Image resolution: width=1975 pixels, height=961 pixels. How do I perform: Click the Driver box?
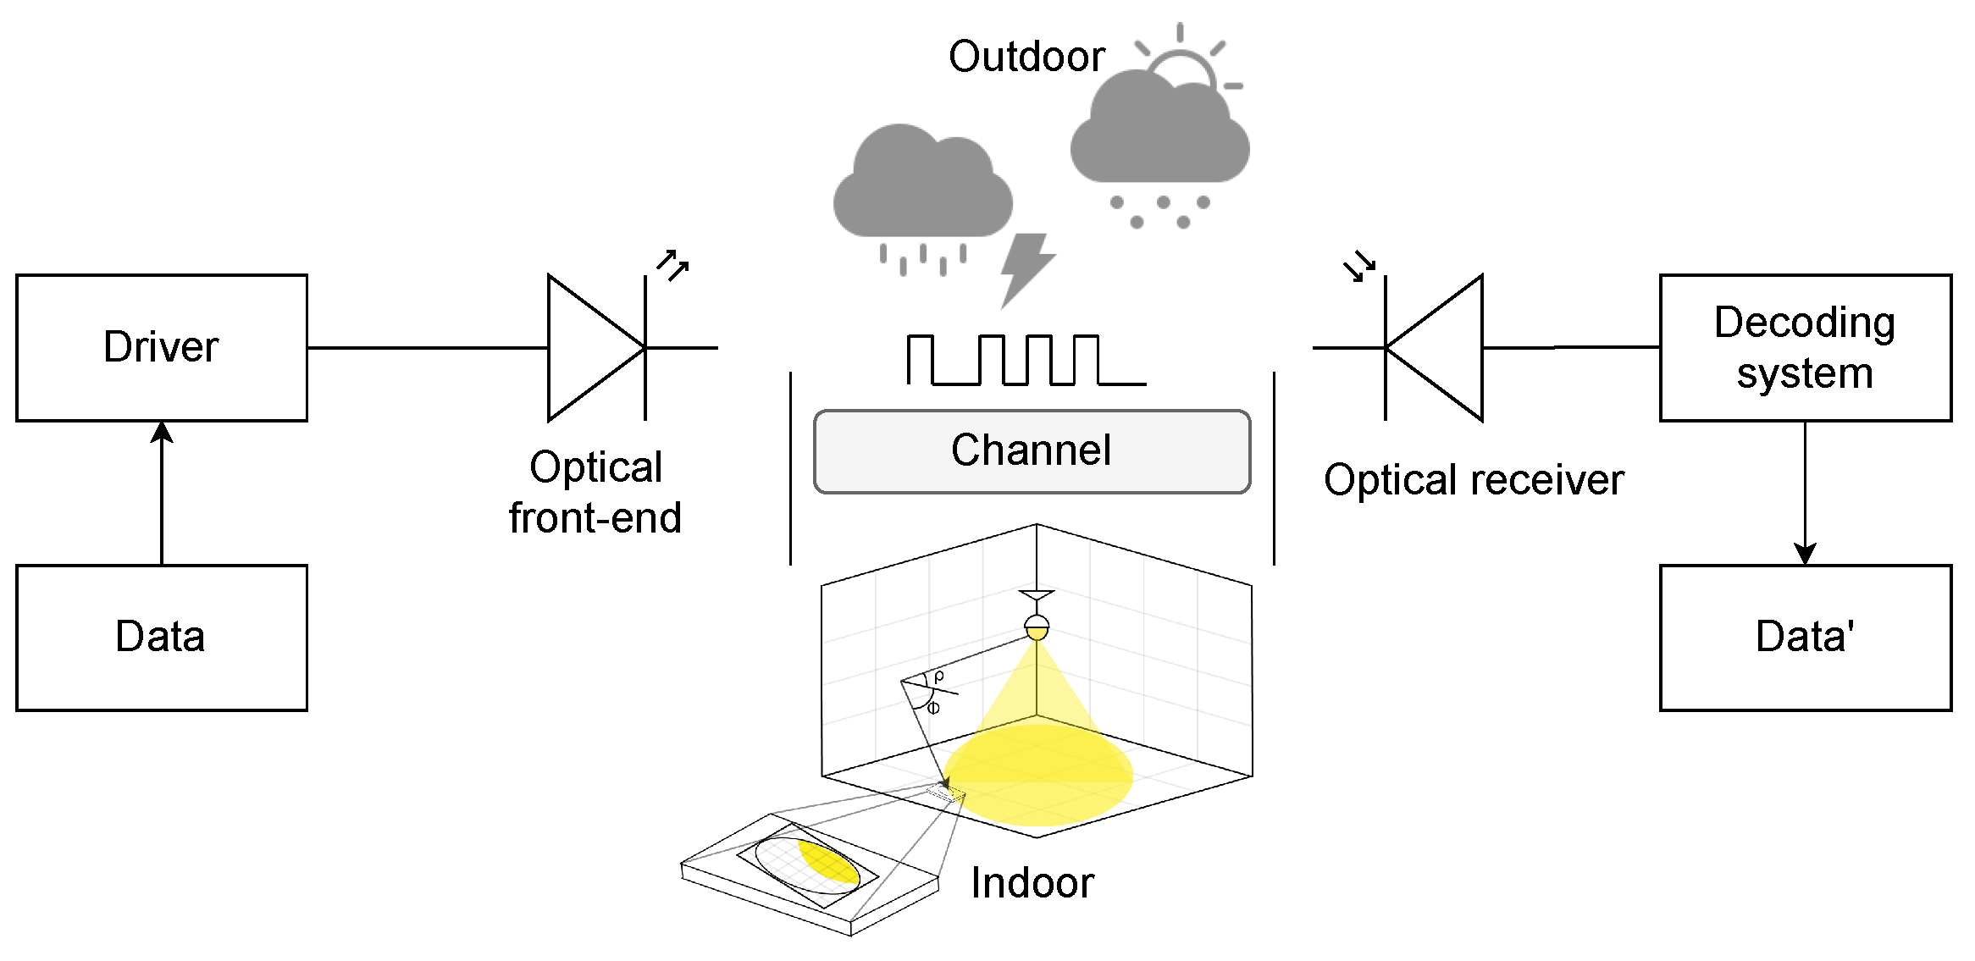point(161,347)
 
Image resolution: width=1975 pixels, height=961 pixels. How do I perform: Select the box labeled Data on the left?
point(161,638)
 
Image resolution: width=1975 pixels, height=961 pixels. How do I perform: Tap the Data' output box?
point(1805,638)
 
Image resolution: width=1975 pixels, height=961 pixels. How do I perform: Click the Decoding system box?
point(1805,347)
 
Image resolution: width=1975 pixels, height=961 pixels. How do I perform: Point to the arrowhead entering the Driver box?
point(162,433)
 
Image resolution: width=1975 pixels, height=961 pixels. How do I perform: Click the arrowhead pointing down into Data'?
point(1805,554)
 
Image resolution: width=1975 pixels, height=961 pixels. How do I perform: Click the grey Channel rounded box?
point(1032,451)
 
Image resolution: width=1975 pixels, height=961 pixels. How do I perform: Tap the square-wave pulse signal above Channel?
point(1026,361)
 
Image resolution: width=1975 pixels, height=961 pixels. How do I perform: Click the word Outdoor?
point(1026,57)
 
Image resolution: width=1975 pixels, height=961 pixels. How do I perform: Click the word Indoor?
point(1032,883)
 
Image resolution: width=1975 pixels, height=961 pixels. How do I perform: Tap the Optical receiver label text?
point(1474,480)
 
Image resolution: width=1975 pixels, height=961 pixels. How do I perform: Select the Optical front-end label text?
point(595,492)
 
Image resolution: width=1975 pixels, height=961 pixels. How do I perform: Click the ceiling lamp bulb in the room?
point(1037,629)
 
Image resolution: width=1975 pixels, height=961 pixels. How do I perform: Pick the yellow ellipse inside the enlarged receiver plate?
point(828,864)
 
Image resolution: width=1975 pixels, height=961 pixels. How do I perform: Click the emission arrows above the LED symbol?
point(673,264)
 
